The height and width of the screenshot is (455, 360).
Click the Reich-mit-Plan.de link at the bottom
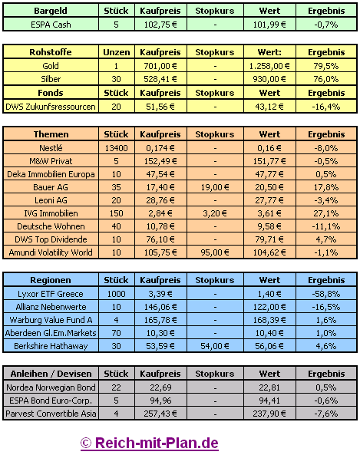click(150, 443)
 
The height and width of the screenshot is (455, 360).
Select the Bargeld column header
click(51, 11)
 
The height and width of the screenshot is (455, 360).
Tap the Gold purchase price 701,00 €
click(160, 66)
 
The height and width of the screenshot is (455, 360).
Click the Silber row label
click(51, 79)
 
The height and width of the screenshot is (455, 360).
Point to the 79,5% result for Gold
click(326, 66)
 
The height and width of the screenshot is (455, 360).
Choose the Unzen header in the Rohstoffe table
click(117, 52)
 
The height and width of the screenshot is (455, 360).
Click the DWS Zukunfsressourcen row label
click(51, 107)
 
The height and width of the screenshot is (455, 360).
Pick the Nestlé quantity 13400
click(117, 148)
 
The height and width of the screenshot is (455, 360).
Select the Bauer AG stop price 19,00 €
click(215, 187)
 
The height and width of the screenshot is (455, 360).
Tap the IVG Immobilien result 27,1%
click(326, 213)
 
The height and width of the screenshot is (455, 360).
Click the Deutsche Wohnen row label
click(51, 226)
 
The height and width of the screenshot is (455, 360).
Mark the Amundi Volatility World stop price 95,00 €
click(215, 252)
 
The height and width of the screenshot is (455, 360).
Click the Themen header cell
click(51, 134)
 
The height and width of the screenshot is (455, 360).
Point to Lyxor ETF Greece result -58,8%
click(326, 294)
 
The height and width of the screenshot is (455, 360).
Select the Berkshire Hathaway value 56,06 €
click(269, 346)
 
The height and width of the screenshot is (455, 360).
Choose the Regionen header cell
click(51, 280)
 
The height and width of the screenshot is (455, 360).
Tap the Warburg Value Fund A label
click(51, 320)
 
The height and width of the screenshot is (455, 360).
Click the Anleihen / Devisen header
click(51, 374)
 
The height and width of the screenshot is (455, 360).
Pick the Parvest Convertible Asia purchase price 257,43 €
click(160, 414)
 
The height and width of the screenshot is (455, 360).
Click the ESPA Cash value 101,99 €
click(269, 25)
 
